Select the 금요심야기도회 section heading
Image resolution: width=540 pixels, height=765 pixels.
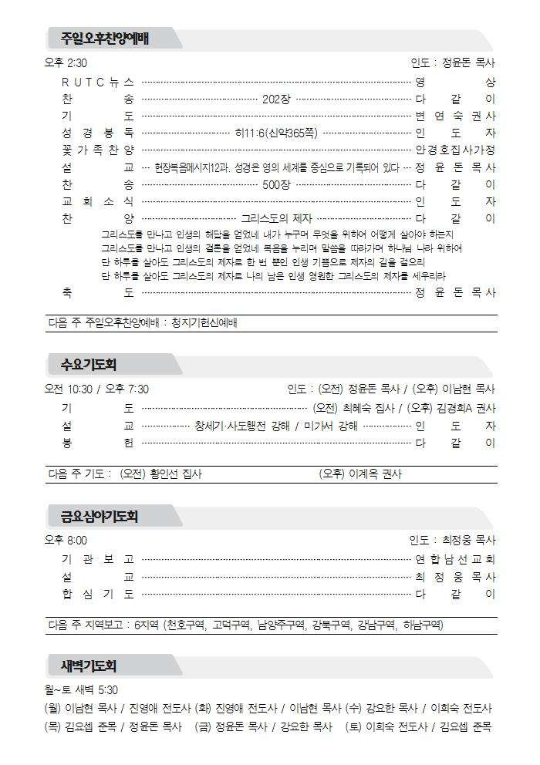click(x=100, y=514)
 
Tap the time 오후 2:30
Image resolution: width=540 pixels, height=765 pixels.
click(x=66, y=63)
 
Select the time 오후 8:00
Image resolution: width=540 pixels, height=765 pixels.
click(x=66, y=541)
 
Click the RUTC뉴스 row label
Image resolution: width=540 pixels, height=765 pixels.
click(x=98, y=82)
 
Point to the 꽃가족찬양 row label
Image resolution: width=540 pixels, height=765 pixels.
click(x=98, y=150)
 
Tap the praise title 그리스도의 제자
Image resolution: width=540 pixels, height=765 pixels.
click(x=275, y=218)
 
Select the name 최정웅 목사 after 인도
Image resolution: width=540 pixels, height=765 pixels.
click(x=469, y=541)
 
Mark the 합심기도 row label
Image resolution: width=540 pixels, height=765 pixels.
click(x=98, y=594)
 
